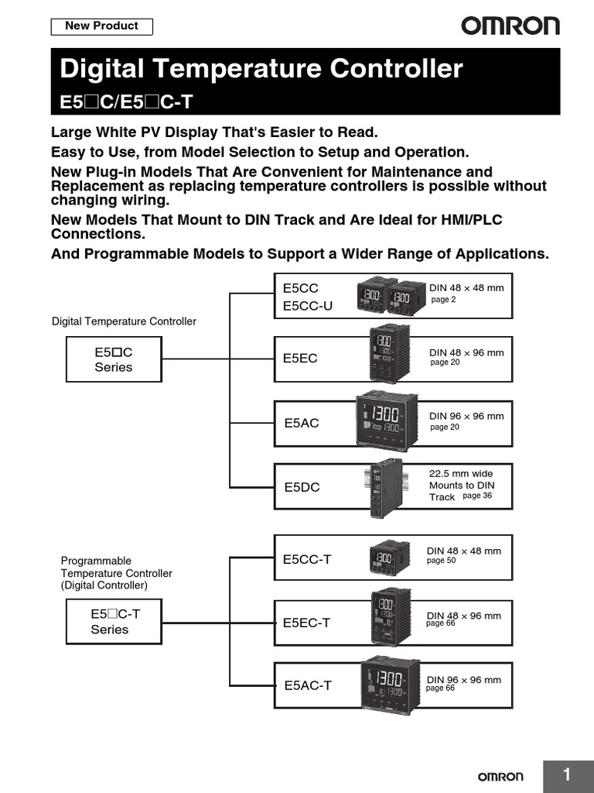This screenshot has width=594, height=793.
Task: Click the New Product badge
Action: click(x=101, y=26)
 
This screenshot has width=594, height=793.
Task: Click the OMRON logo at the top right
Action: click(x=510, y=26)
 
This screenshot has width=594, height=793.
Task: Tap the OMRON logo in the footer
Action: click(x=500, y=776)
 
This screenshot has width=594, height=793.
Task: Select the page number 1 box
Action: click(x=568, y=775)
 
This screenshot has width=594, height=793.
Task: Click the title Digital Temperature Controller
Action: click(x=261, y=69)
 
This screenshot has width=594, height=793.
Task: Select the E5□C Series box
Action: click(x=114, y=359)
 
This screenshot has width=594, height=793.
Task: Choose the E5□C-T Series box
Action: click(x=114, y=622)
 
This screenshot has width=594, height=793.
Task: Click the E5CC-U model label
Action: click(x=307, y=305)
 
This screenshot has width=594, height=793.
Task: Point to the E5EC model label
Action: click(x=300, y=359)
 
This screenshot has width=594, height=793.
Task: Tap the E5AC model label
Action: click(x=301, y=423)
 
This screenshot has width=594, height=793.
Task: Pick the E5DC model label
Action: click(x=301, y=487)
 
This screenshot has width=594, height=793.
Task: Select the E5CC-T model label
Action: click(x=306, y=559)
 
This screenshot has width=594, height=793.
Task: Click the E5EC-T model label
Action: click(x=306, y=623)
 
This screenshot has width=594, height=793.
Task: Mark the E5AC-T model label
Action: click(x=307, y=685)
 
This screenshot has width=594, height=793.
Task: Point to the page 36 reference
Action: click(x=476, y=496)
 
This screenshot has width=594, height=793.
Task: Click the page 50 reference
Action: click(x=441, y=561)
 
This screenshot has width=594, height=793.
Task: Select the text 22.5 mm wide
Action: click(x=460, y=473)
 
